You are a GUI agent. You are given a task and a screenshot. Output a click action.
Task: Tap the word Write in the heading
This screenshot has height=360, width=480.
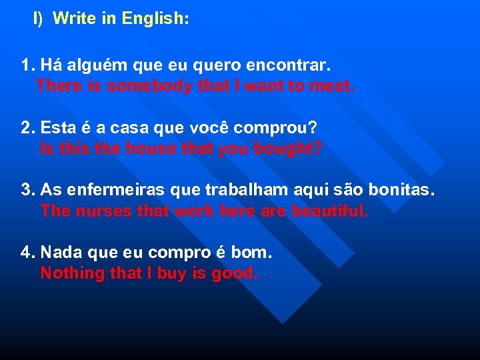point(75,19)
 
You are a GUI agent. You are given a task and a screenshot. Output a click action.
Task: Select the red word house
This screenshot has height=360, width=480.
point(141,148)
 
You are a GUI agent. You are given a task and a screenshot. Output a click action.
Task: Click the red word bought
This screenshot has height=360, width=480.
point(288,148)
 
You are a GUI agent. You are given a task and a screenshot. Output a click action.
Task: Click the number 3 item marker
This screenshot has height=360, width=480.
point(27,190)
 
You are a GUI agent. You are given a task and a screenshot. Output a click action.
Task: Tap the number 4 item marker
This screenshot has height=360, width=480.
point(27,253)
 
